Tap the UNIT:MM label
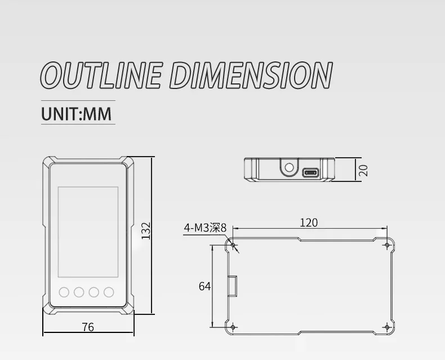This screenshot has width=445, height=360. tap(77, 114)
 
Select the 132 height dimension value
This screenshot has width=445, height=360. tap(146, 231)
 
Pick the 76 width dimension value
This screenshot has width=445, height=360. tap(88, 327)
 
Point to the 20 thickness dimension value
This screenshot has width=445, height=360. tap(363, 169)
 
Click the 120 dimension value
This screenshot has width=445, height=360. tap(308, 223)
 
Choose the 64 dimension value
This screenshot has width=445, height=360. tap(204, 286)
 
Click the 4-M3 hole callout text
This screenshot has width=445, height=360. tap(204, 228)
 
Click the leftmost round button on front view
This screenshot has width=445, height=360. tap(64, 292)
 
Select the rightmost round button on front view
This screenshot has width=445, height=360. tap(109, 292)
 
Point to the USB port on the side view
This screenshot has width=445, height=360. tap(310, 172)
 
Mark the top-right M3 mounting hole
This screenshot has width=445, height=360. tap(388, 245)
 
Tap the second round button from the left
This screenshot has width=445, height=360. tap(79, 292)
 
